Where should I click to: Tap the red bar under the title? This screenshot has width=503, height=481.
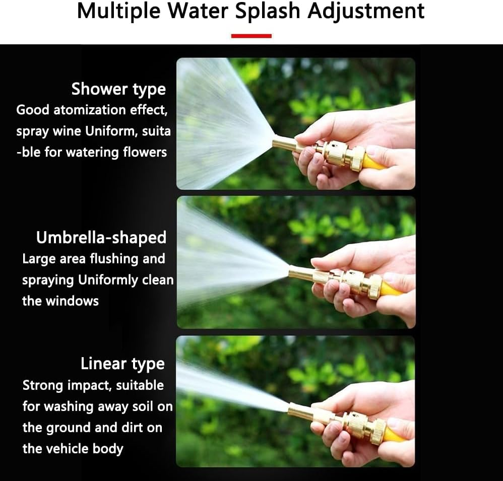(251, 36)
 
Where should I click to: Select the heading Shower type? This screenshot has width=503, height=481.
(118, 89)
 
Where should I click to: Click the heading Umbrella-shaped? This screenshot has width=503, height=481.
(101, 237)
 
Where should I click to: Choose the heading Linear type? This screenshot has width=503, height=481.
(122, 364)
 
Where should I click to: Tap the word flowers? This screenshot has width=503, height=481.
(145, 152)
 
